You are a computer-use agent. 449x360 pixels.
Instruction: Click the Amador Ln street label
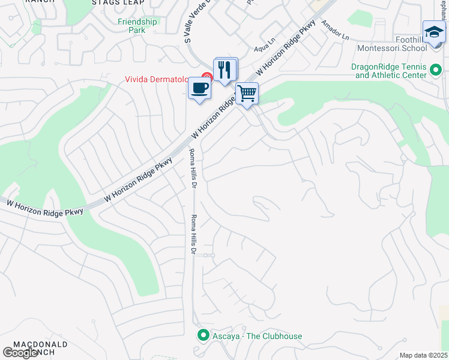point(335,30)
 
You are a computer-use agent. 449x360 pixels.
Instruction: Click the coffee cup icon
point(199,89)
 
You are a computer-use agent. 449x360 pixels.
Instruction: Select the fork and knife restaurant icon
point(226,70)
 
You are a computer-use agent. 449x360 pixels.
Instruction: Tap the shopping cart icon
point(247,94)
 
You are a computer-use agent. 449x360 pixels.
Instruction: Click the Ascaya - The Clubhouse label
point(257,336)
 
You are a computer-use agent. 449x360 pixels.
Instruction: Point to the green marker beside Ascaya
point(203,335)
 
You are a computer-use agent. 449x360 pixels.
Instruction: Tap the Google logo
point(20,353)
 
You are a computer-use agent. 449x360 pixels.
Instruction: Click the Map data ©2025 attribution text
point(423,355)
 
